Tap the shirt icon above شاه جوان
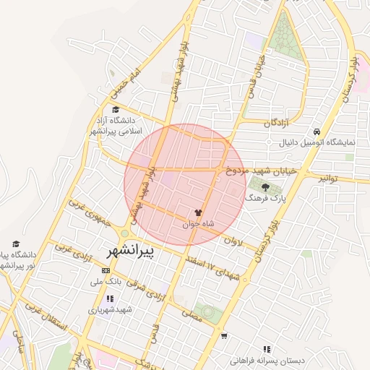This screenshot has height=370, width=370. pos(197,212)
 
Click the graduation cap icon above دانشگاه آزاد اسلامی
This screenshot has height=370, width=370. pos(116,110)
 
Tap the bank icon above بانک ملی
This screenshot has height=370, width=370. pos(107,271)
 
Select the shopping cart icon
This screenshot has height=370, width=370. pos(224,335)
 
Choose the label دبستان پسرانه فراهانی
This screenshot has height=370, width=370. pos(273,360)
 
